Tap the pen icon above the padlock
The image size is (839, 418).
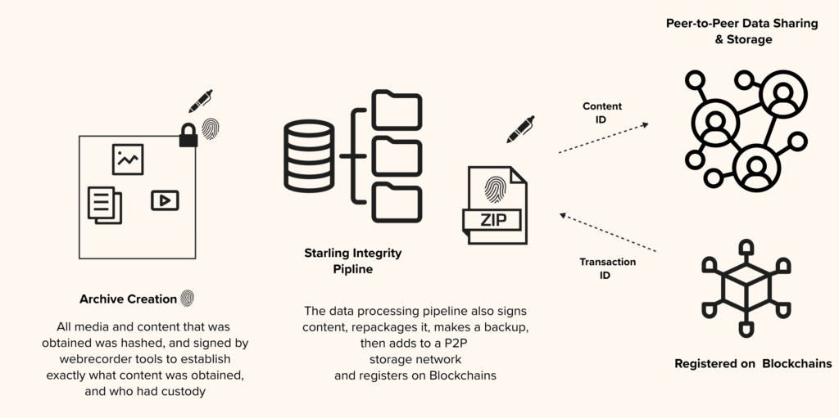[x=201, y=101]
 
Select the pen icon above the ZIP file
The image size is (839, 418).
[x=520, y=129]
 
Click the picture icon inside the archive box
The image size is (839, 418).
[x=128, y=160]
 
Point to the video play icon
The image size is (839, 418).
[x=165, y=200]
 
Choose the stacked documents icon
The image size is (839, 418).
[x=105, y=205]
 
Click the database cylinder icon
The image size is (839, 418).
[x=309, y=155]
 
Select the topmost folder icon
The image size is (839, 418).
[x=397, y=110]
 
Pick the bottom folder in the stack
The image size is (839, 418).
[x=397, y=203]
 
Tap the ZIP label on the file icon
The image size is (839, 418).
[x=492, y=220]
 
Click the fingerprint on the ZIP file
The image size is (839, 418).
[x=494, y=190]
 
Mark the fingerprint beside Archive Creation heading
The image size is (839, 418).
[x=188, y=299]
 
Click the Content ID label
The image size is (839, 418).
[x=602, y=113]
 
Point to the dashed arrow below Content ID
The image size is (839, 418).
[x=604, y=138]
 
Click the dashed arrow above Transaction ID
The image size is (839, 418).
[x=608, y=232]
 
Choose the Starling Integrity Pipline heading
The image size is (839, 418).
[x=353, y=261]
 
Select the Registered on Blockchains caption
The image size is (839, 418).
[x=753, y=364]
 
